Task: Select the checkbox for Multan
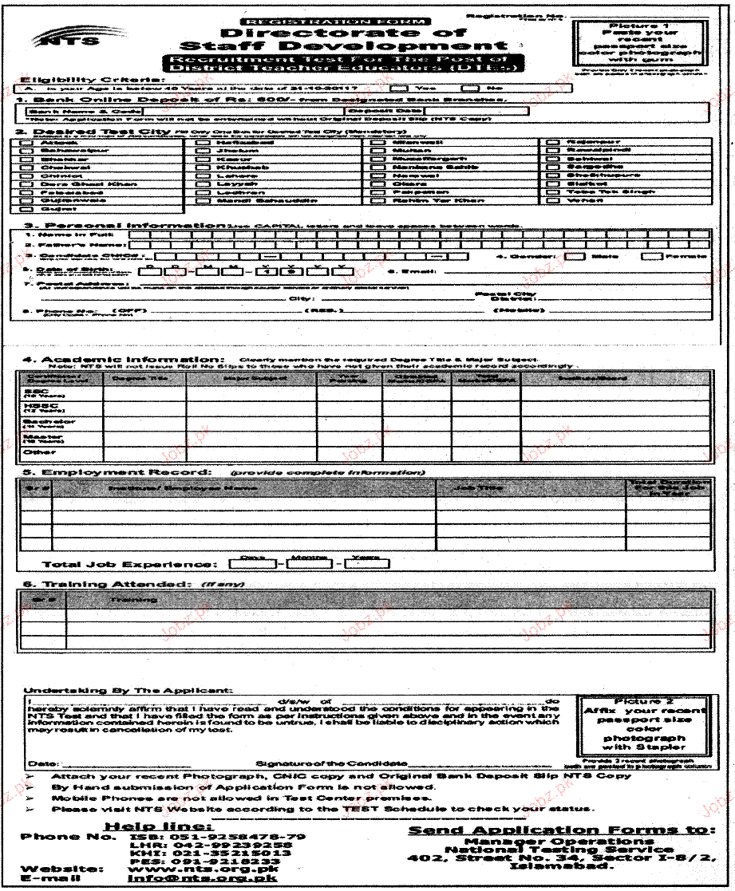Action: click(x=379, y=149)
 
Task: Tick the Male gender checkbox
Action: click(x=575, y=257)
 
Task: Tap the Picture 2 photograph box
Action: click(x=642, y=725)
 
